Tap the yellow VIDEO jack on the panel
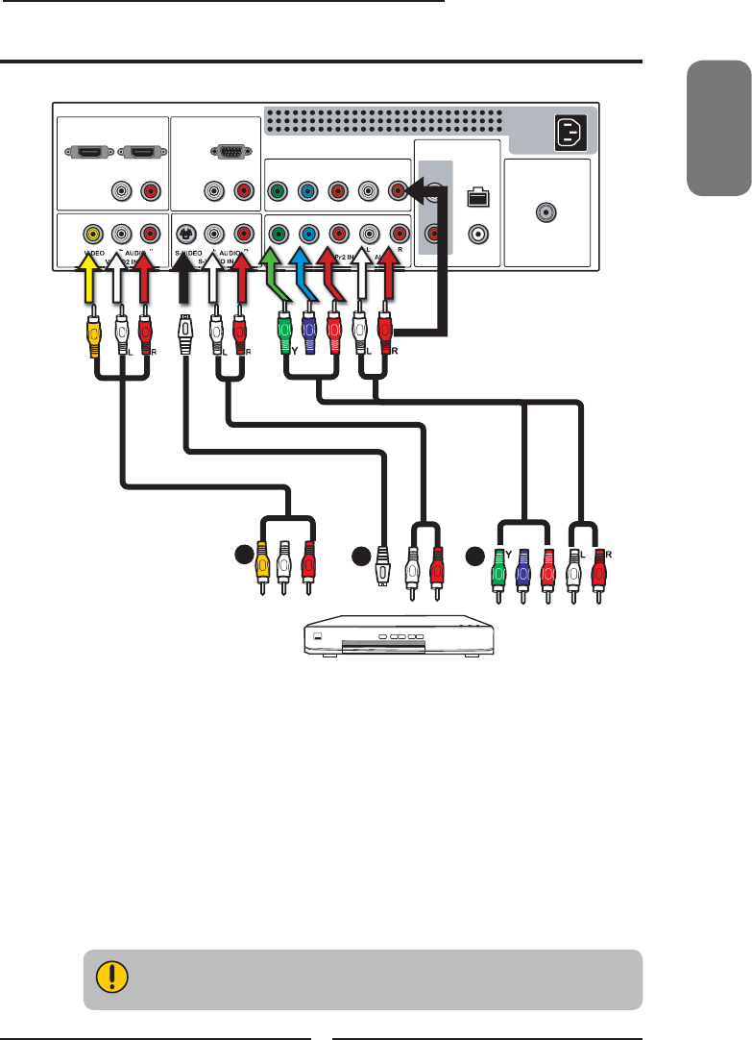coord(92,233)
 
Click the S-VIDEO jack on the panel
coord(186,233)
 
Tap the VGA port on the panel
coord(226,152)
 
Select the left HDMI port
coord(83,152)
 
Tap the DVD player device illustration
coord(398,637)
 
